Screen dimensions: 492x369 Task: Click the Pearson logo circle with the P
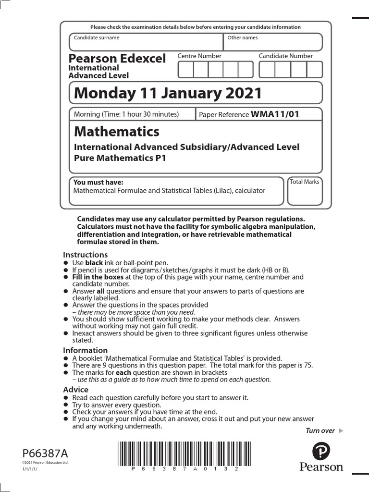pos(321,452)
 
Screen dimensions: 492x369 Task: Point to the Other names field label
pos(243,37)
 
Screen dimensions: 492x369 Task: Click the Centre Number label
pos(199,56)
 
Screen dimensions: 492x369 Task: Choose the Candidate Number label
pos(285,56)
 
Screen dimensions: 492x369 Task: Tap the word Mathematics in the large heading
pos(116,131)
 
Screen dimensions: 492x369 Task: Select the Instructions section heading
pos(86,255)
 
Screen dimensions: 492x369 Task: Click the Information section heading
pos(86,350)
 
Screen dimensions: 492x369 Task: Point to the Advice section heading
pos(76,390)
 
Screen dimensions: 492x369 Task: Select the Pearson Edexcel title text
pos(117,59)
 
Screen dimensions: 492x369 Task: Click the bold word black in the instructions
pos(94,263)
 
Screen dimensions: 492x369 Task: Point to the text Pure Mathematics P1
pos(120,158)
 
